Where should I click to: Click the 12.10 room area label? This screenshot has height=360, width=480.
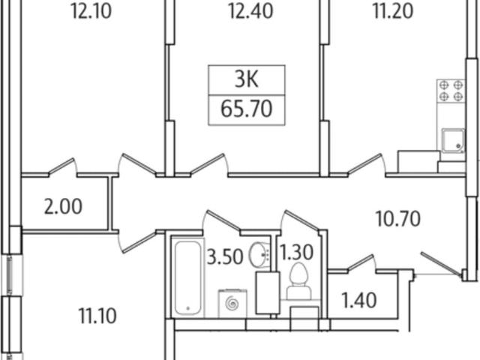coord(91,12)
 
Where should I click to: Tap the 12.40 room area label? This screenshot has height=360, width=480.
coord(250,12)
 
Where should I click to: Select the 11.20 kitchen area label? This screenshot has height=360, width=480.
coord(393,12)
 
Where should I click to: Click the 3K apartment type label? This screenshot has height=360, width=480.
coord(247,79)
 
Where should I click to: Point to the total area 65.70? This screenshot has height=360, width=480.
coord(247,109)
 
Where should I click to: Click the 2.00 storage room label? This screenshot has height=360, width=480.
coord(63,207)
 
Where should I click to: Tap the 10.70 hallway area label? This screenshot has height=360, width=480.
coord(398,219)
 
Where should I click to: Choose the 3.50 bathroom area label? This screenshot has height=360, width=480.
coord(225,256)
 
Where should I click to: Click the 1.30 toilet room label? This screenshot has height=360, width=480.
coord(297,253)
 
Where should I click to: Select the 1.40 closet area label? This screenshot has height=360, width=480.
coord(358,300)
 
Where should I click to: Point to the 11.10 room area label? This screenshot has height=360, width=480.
coord(97,316)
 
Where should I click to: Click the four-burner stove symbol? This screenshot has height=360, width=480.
coord(451,91)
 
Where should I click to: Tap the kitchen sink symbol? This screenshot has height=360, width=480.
coord(453,140)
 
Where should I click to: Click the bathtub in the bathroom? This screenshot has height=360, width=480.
coord(188,277)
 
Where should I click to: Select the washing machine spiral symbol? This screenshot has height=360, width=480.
coord(232,303)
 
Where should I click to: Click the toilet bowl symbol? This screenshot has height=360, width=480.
coord(298,281)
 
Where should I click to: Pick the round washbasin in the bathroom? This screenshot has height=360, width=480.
coord(259,255)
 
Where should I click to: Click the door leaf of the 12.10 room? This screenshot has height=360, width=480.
coord(61,166)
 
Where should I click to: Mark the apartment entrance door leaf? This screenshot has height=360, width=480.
coord(442,263)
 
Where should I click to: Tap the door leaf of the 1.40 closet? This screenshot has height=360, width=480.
coord(361,262)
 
